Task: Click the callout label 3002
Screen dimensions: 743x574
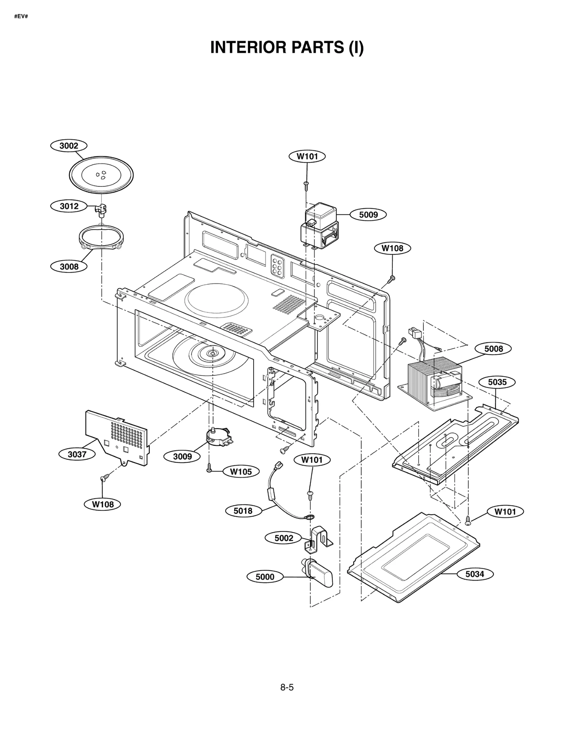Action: [69, 146]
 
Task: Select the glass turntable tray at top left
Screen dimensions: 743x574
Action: [101, 175]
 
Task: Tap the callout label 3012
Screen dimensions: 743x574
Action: [69, 206]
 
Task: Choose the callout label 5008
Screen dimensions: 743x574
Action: [493, 349]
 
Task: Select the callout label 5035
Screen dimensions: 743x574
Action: [497, 382]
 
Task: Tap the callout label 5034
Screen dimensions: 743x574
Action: [475, 574]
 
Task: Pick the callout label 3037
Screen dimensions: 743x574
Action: [77, 454]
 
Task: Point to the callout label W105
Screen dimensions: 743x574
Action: [241, 472]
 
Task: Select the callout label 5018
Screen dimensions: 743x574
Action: [243, 511]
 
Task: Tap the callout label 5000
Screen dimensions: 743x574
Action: [265, 577]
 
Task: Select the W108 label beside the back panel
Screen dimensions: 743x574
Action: [392, 248]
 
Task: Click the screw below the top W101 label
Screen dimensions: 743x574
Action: [306, 184]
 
